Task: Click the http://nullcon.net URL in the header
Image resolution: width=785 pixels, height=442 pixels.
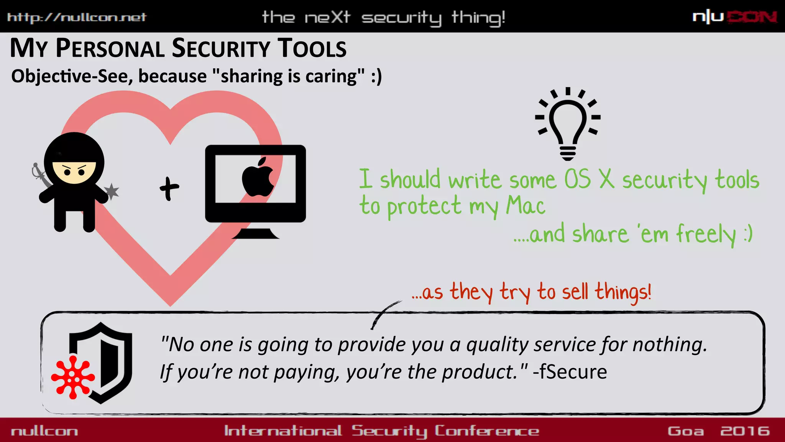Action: tap(77, 17)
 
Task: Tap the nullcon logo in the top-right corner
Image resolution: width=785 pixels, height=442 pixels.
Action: tap(734, 17)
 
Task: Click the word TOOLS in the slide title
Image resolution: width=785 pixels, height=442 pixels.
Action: tap(312, 49)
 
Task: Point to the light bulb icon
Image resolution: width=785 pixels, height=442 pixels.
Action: tap(568, 124)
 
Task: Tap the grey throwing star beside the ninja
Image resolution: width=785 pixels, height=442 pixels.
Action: tap(112, 191)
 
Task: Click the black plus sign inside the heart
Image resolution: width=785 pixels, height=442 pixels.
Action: tap(169, 188)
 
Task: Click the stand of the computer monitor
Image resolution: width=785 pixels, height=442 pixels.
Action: tap(255, 233)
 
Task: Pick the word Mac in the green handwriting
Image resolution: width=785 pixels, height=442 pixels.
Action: tap(526, 206)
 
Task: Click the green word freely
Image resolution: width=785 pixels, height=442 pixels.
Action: tap(706, 234)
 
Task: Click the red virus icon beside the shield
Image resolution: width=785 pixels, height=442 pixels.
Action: tap(73, 378)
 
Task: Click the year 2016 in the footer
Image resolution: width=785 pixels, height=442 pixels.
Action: tap(745, 431)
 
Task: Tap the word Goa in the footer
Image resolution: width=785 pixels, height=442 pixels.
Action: tap(686, 431)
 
